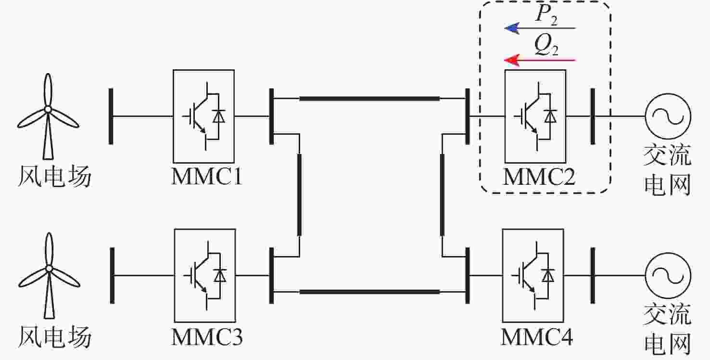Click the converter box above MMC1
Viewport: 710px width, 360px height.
coord(203,116)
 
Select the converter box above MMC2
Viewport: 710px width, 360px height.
coord(535,116)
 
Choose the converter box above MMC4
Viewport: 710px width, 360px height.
coord(532,275)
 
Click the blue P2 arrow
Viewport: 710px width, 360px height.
coord(539,28)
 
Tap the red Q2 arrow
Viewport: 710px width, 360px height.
coord(539,60)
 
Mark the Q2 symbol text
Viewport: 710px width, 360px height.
coord(545,47)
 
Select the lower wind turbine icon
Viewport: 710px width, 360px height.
coord(48,274)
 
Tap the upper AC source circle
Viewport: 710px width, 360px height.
coord(668,116)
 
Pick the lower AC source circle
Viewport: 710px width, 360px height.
coord(668,275)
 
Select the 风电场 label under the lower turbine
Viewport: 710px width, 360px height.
coord(54,337)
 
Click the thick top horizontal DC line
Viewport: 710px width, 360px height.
coord(369,99)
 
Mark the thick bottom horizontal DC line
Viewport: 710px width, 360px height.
coord(369,292)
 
